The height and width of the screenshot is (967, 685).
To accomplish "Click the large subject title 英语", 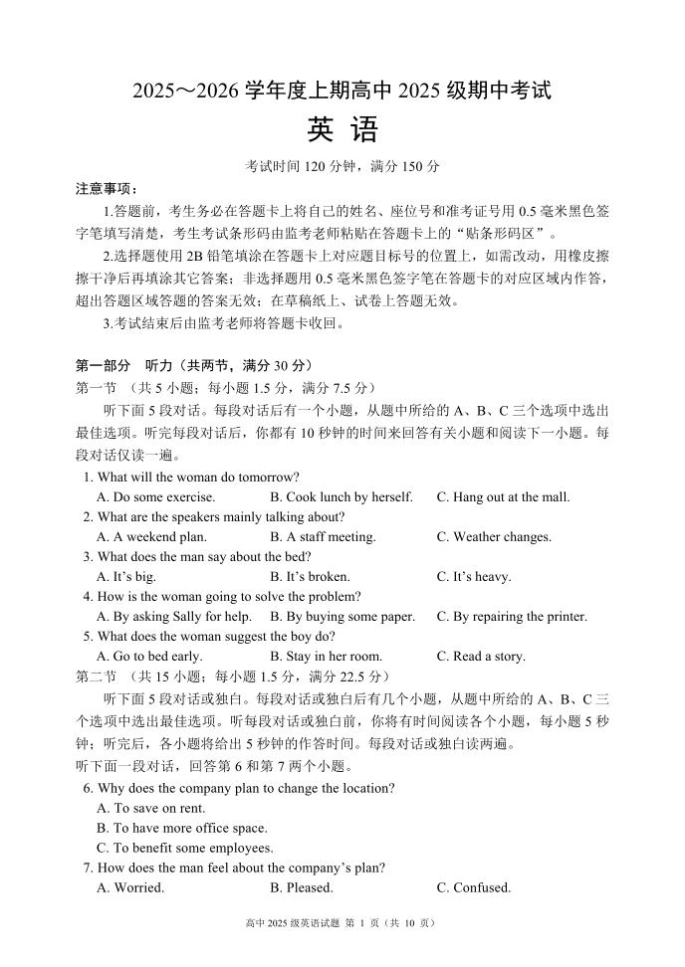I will (x=342, y=130).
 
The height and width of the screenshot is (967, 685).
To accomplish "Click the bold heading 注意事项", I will (x=106, y=189).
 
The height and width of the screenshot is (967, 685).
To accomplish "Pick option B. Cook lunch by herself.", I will (x=341, y=497).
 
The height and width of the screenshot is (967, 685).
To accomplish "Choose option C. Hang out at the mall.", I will (x=503, y=497).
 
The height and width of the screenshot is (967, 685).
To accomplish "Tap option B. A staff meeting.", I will (x=323, y=537).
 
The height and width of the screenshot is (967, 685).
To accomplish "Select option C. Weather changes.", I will (x=493, y=537).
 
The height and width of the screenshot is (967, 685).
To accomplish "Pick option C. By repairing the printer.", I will (x=512, y=617).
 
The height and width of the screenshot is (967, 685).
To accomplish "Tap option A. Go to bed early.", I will (x=149, y=657).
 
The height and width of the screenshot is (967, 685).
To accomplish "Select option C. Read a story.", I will (x=481, y=657).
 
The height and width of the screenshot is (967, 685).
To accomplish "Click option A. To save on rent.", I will (x=150, y=809).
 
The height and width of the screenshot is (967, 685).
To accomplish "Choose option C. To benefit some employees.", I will (x=184, y=849).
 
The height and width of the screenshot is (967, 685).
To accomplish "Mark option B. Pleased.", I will (x=301, y=888).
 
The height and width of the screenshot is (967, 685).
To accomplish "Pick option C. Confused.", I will (x=473, y=888).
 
